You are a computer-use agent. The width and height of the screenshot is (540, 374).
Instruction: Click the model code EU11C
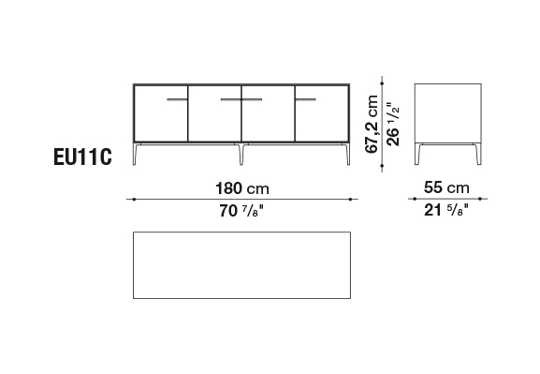[82, 157]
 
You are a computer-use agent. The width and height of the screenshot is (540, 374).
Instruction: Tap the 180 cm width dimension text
[242, 188]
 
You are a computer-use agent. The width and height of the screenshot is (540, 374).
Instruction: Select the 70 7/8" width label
[241, 211]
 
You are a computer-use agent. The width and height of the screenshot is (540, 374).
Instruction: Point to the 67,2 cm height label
[372, 125]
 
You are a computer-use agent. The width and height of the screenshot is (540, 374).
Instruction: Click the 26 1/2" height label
[393, 125]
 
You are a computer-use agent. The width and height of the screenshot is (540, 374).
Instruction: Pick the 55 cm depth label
[446, 187]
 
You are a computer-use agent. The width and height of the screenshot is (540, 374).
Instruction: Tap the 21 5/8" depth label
[446, 210]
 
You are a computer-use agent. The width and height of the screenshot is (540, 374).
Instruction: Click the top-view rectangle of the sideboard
[241, 232]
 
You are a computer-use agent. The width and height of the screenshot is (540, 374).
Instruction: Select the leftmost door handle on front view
[178, 99]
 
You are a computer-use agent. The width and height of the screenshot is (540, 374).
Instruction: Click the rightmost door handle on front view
[305, 99]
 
